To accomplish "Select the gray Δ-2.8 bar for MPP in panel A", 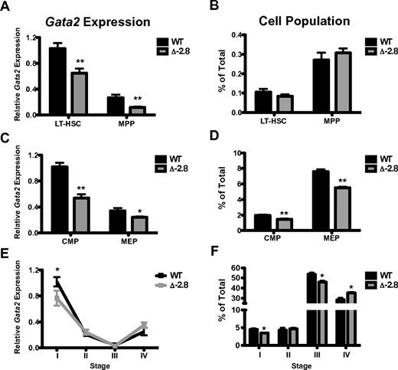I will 117,110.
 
